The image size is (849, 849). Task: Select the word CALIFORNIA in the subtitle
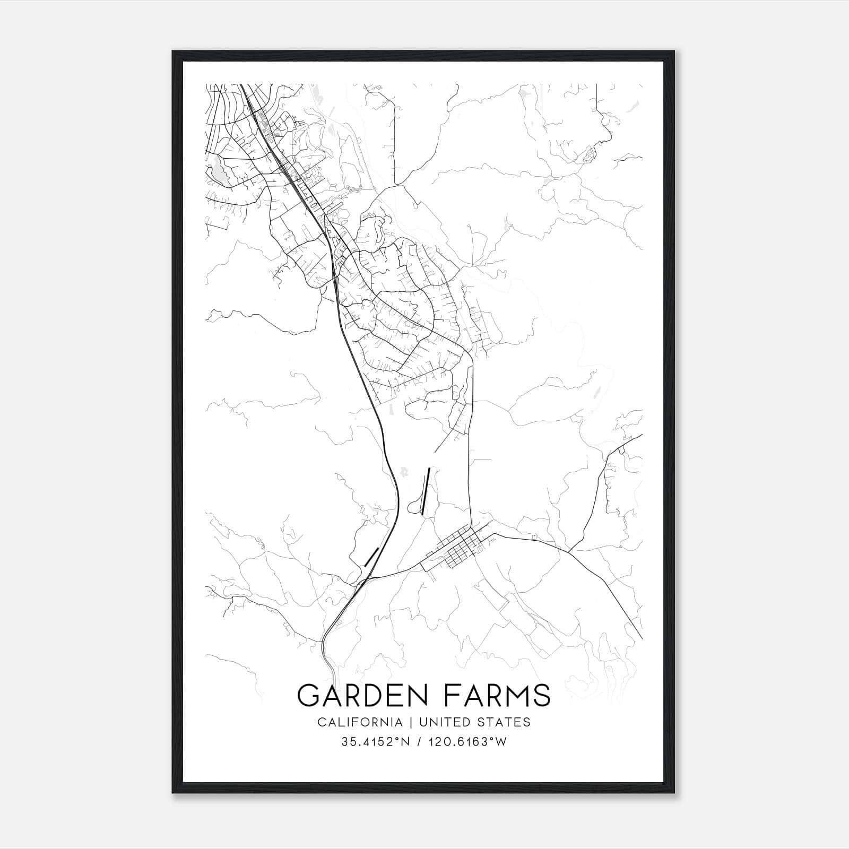coord(359,722)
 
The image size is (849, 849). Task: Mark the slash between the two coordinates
coord(419,742)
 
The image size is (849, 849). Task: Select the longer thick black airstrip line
coord(425,491)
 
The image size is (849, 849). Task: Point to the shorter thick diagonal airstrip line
coord(371,557)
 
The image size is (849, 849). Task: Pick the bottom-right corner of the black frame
coord(675,793)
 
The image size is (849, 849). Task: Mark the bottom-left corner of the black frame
coord(174,793)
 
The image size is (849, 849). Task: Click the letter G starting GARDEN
coord(308,695)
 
